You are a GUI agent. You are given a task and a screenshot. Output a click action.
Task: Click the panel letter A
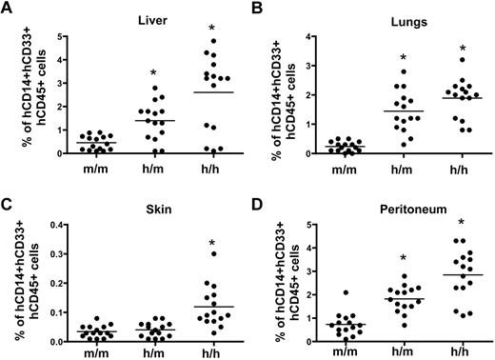(x=9, y=10)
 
